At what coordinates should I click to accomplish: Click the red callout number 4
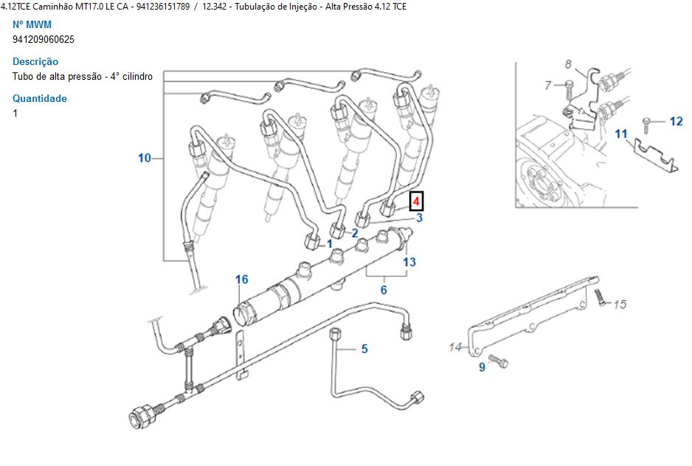pyautogui.click(x=416, y=202)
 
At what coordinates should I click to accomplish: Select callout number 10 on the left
pyautogui.click(x=144, y=157)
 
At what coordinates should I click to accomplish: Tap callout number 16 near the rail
pyautogui.click(x=242, y=279)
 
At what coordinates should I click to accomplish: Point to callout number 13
pyautogui.click(x=409, y=261)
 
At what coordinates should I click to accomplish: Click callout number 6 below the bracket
pyautogui.click(x=384, y=290)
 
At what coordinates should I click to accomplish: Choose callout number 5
pyautogui.click(x=364, y=349)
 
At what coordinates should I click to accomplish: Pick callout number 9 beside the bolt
pyautogui.click(x=482, y=366)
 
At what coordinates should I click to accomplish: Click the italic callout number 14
pyautogui.click(x=454, y=346)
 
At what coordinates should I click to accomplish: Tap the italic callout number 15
pyautogui.click(x=620, y=304)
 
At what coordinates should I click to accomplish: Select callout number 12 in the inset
pyautogui.click(x=676, y=121)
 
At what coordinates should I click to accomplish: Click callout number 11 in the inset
pyautogui.click(x=621, y=134)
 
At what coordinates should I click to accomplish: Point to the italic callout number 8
pyautogui.click(x=569, y=64)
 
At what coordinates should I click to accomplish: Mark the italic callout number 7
pyautogui.click(x=548, y=86)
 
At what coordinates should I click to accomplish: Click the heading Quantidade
pyautogui.click(x=40, y=98)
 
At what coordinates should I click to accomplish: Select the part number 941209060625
pyautogui.click(x=44, y=39)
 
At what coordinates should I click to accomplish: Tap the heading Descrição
pyautogui.click(x=35, y=61)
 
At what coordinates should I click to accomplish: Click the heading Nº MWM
pyautogui.click(x=32, y=24)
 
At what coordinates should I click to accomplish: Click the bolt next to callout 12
pyautogui.click(x=648, y=121)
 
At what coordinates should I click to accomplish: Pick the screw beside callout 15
pyautogui.click(x=599, y=298)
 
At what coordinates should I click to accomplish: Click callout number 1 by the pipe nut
pyautogui.click(x=330, y=243)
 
